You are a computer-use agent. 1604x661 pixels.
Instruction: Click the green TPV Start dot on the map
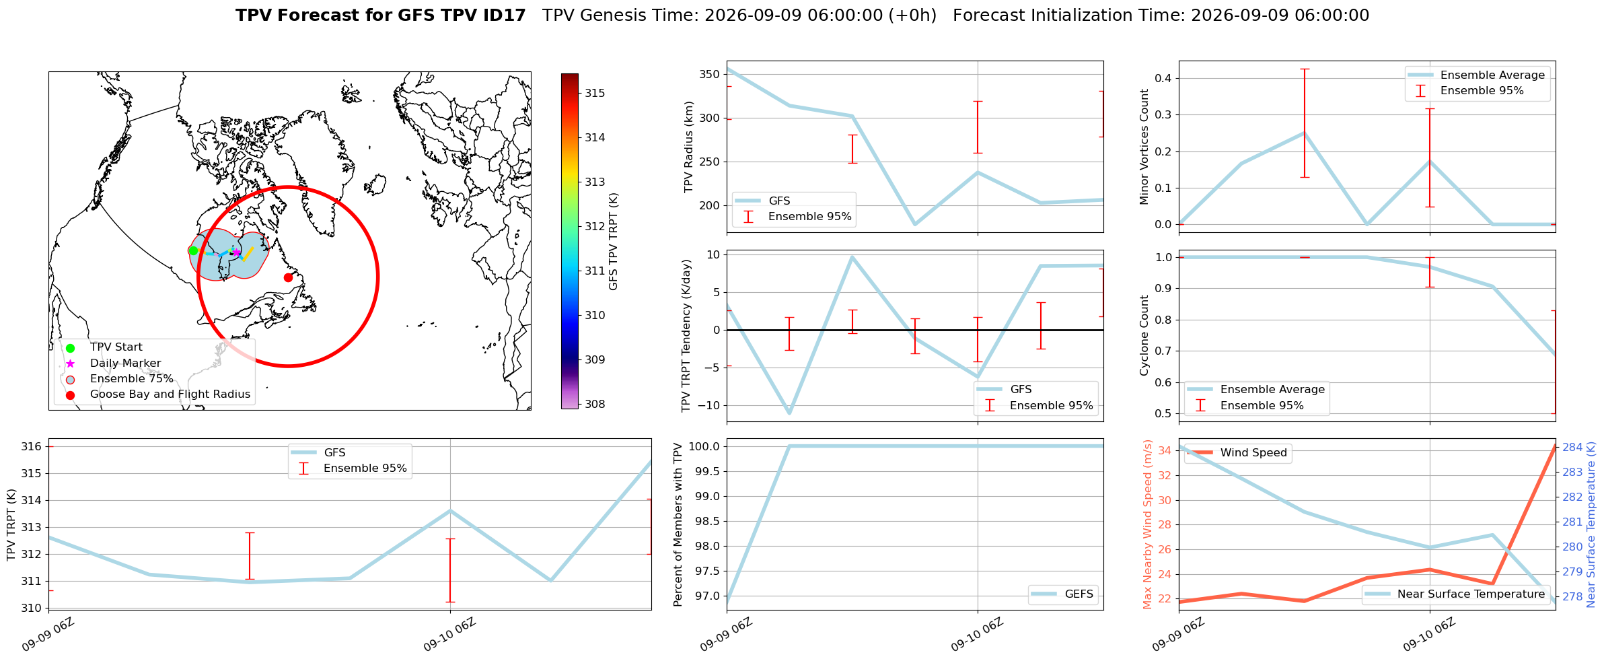click(x=193, y=250)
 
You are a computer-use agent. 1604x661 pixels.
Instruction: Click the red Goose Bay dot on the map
click(x=288, y=277)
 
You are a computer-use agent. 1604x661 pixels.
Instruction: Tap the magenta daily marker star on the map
click(x=236, y=252)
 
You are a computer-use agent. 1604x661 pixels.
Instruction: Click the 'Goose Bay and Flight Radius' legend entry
click(x=170, y=394)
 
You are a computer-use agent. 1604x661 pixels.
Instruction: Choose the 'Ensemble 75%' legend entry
click(x=132, y=379)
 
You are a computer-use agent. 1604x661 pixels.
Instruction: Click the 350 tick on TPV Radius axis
click(x=710, y=74)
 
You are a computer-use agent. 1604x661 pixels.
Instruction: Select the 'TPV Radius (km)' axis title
click(x=688, y=147)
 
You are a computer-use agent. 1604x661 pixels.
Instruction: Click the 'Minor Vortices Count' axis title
click(x=1144, y=147)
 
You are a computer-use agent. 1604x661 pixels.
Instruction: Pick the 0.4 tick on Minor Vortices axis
click(x=1163, y=78)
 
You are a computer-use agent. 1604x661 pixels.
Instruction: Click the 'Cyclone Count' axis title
click(x=1144, y=335)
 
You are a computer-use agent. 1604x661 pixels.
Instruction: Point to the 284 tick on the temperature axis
click(x=1572, y=447)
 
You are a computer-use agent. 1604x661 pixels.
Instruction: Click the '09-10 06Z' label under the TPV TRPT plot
click(x=449, y=634)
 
